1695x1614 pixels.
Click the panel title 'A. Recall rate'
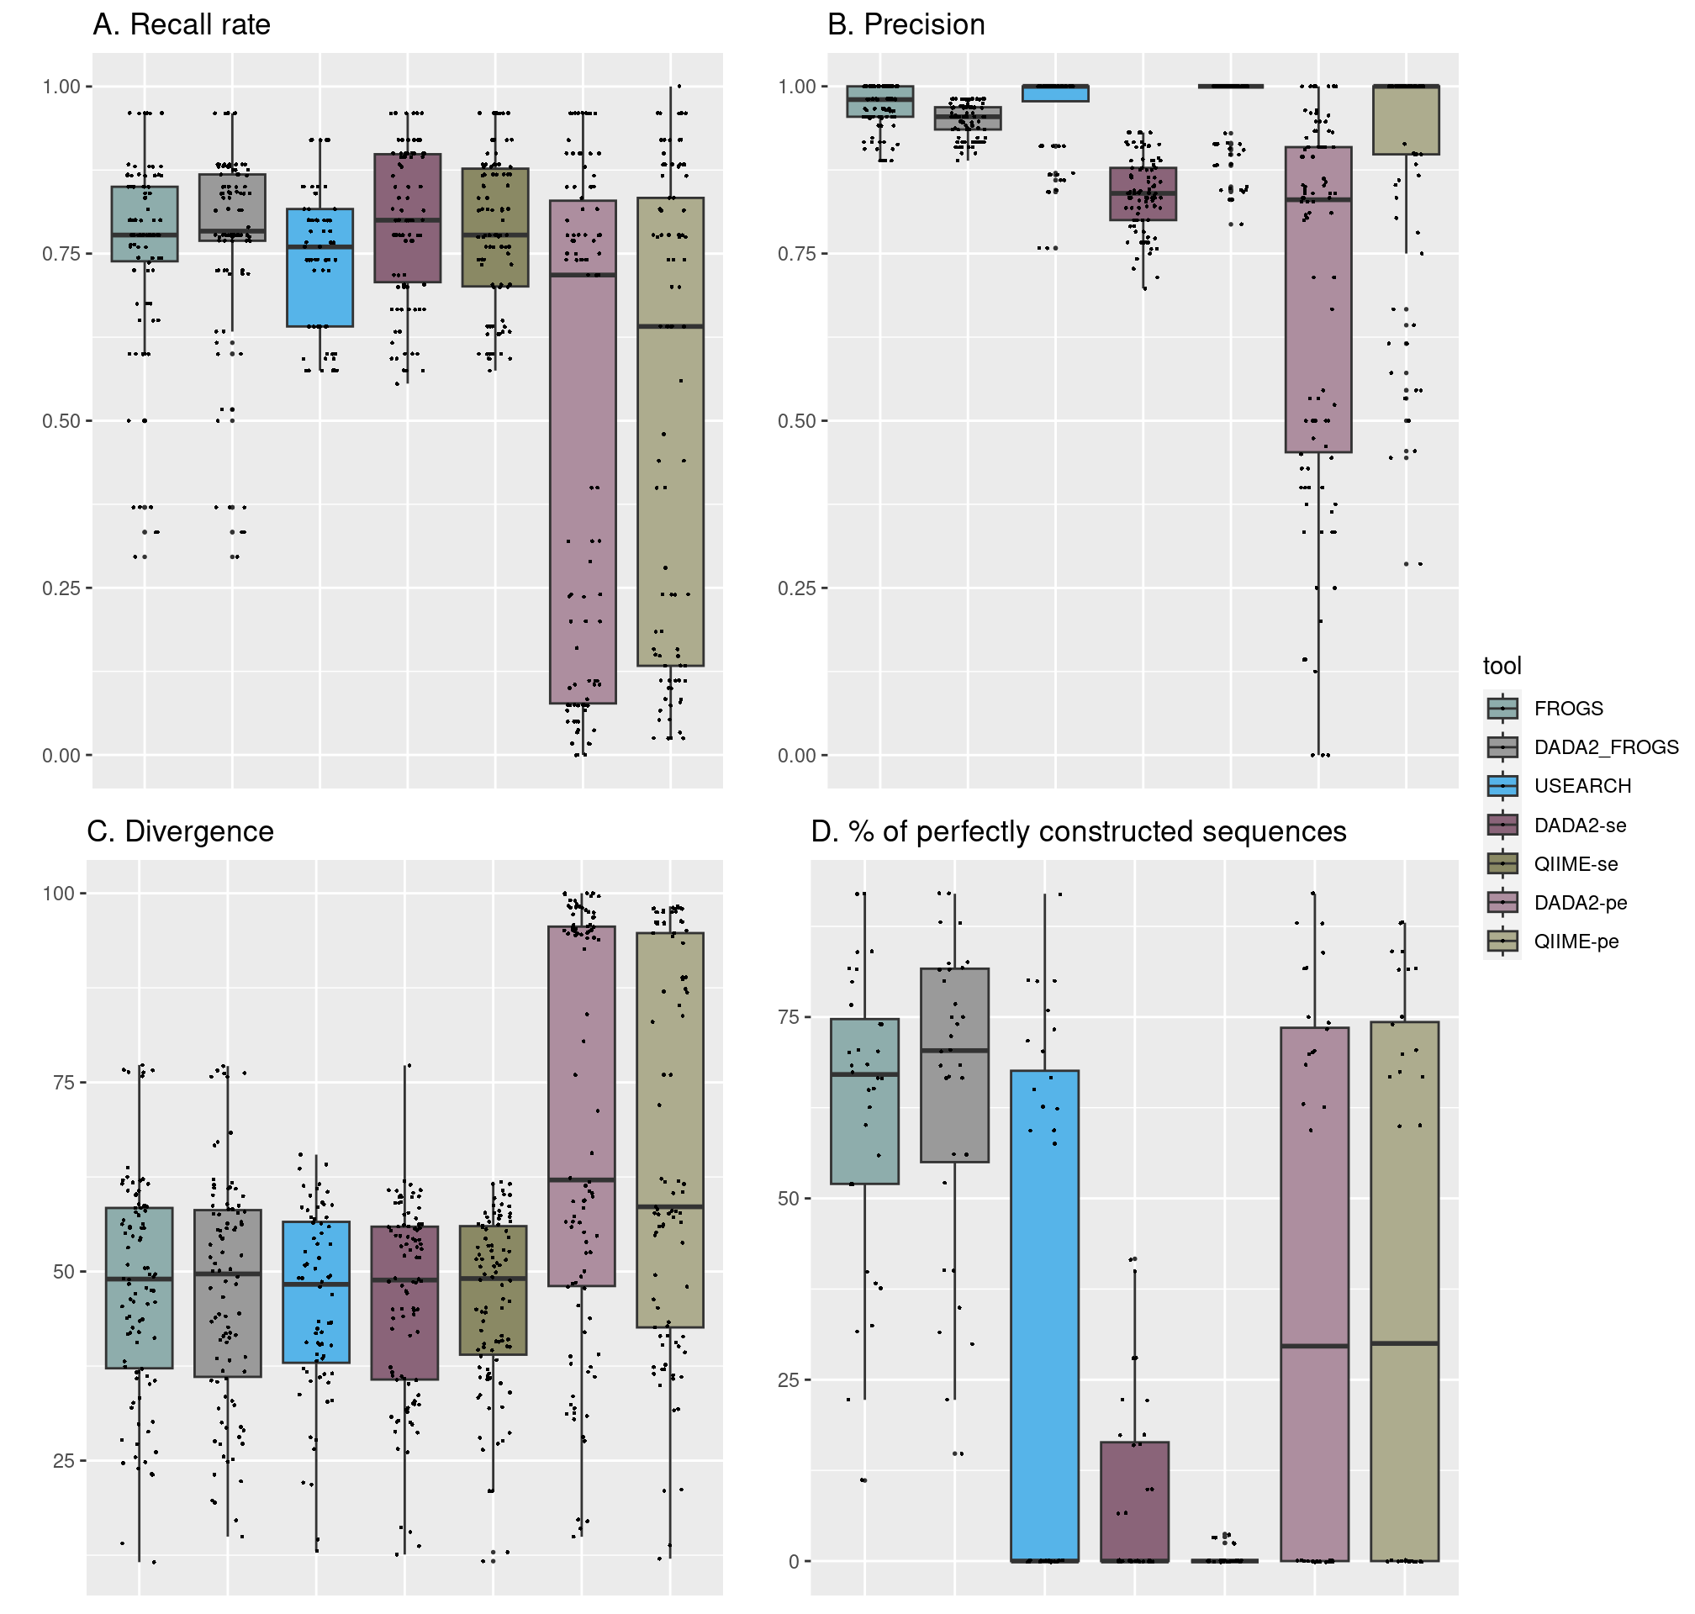182,25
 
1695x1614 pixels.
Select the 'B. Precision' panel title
906,25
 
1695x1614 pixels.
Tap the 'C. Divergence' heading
181,832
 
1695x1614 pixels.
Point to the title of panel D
1079,832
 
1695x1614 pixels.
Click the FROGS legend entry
1568,709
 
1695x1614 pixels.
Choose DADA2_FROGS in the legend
1606,747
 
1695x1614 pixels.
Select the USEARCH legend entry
1581,786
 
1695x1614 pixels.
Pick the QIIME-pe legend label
1576,942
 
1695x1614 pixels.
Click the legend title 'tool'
1502,666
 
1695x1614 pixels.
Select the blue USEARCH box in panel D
1044,1316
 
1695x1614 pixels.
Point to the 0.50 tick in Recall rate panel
61,421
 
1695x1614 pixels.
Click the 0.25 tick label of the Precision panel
797,588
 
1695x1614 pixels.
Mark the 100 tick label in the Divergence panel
59,894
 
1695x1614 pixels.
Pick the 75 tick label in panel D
788,1018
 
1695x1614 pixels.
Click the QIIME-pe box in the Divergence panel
670,1131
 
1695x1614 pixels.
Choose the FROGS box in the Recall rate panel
145,224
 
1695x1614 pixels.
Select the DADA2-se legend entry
1580,826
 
